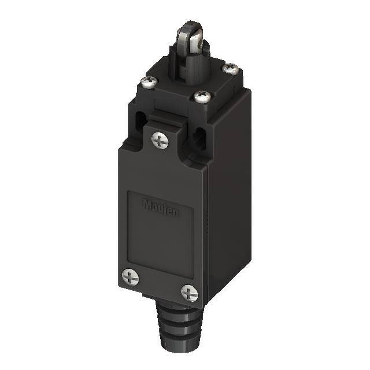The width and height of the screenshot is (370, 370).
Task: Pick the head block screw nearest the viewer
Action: (202, 96)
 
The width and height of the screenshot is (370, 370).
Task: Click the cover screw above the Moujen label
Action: (160, 139)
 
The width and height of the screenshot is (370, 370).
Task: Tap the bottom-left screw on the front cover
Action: (131, 278)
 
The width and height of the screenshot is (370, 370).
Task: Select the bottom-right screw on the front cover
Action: (189, 293)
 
